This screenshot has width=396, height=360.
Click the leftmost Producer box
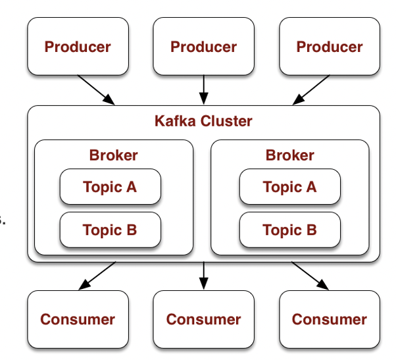(x=78, y=47)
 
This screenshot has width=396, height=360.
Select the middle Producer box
(x=203, y=47)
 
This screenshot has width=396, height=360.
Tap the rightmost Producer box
(x=329, y=47)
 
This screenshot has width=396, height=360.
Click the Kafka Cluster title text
(x=203, y=121)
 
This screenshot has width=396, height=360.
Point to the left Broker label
(x=113, y=155)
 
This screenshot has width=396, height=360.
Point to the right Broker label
(x=289, y=155)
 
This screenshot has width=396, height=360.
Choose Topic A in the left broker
(x=110, y=187)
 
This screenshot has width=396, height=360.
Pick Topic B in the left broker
(x=110, y=230)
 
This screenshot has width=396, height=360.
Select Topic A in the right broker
(x=289, y=187)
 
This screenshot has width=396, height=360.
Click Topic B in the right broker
(x=289, y=230)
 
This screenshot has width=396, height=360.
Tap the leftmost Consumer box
(x=78, y=319)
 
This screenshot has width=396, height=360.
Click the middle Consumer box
(x=203, y=319)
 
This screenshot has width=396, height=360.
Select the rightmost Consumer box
(x=329, y=319)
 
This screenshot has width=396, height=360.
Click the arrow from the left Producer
(x=96, y=90)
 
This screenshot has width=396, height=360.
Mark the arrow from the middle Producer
(x=203, y=90)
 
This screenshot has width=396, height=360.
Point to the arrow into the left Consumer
(x=96, y=276)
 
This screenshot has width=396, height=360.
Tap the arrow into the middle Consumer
(x=203, y=276)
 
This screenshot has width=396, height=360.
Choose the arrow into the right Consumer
(x=310, y=276)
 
